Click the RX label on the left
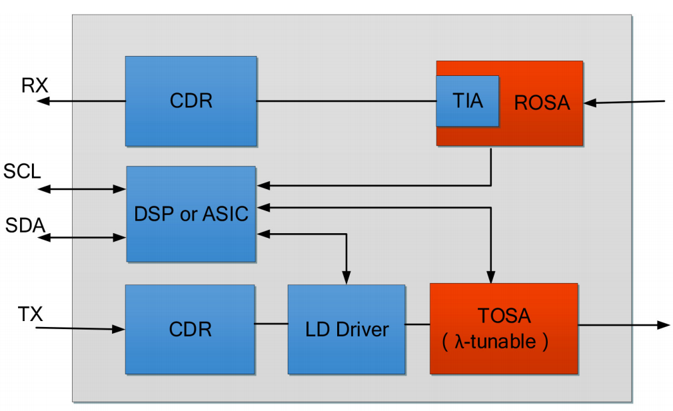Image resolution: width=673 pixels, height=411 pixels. point(35,85)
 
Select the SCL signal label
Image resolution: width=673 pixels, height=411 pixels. point(22,171)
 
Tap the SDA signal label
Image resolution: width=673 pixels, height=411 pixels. point(25,226)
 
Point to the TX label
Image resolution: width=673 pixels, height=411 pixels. point(31,314)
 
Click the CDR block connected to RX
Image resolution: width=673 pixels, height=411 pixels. point(191,101)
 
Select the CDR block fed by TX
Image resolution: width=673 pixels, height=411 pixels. point(190,329)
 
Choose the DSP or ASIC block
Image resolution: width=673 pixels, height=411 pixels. point(191,214)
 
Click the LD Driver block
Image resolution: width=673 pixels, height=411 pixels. point(346,329)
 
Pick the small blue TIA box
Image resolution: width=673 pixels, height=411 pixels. point(468,101)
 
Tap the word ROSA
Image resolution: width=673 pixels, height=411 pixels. point(542,103)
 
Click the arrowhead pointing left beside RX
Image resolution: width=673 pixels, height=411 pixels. point(43,101)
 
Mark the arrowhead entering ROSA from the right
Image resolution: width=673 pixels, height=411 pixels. point(589,103)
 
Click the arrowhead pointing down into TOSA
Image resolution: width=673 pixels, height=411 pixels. point(491,277)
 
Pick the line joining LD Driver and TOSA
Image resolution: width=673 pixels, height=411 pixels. point(417,324)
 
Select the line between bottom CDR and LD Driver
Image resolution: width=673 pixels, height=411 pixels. point(271,324)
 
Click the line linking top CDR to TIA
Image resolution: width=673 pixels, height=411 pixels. point(346,101)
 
